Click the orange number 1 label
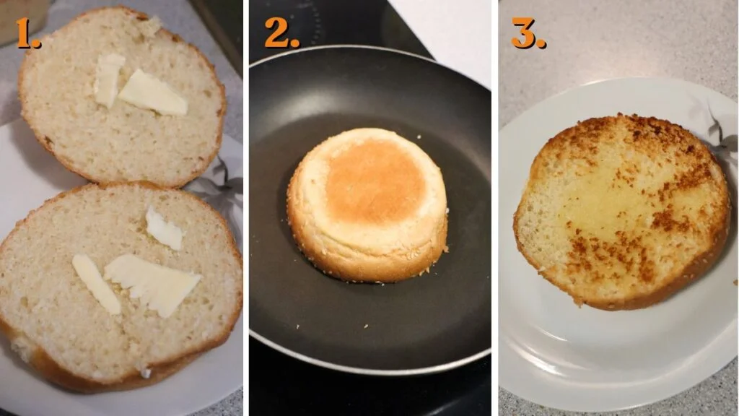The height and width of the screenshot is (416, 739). coord(27,34)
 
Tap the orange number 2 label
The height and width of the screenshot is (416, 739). coord(280,32)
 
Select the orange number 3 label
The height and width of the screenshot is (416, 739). coord(528,32)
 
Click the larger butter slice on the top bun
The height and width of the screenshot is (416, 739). coord(152,93)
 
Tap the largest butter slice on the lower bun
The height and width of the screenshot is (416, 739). coord(152,283)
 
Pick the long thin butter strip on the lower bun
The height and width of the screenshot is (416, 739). coord(95,284)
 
